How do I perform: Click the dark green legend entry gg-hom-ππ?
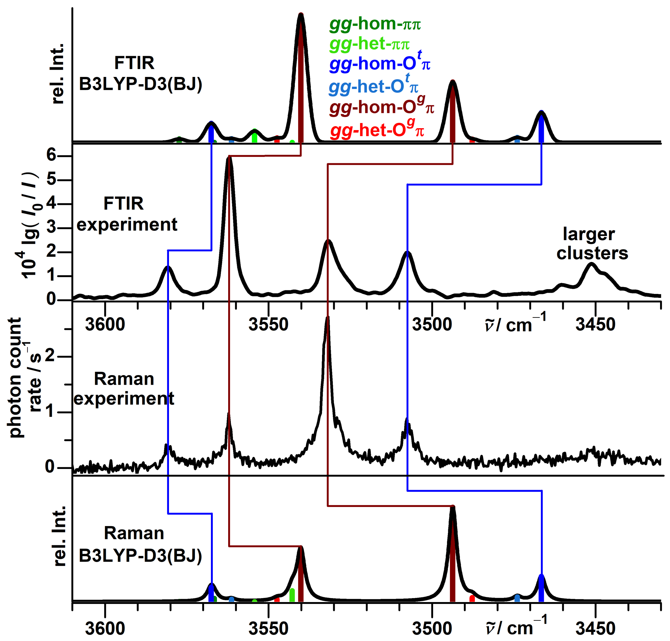tap(375, 24)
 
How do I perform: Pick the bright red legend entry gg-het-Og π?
tap(377, 130)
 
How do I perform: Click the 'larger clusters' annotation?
tap(592, 244)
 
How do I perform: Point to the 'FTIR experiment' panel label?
tap(126, 214)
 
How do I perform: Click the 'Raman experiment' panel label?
tap(124, 388)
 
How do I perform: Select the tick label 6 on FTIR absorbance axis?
tap(51, 155)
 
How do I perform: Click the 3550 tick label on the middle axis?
tap(268, 324)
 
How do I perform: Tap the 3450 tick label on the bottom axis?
tap(595, 629)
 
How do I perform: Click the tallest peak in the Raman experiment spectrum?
tap(327, 318)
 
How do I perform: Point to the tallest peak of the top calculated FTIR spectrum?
tap(301, 15)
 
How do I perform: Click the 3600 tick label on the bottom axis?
tap(105, 629)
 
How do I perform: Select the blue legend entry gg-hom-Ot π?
tap(379, 64)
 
